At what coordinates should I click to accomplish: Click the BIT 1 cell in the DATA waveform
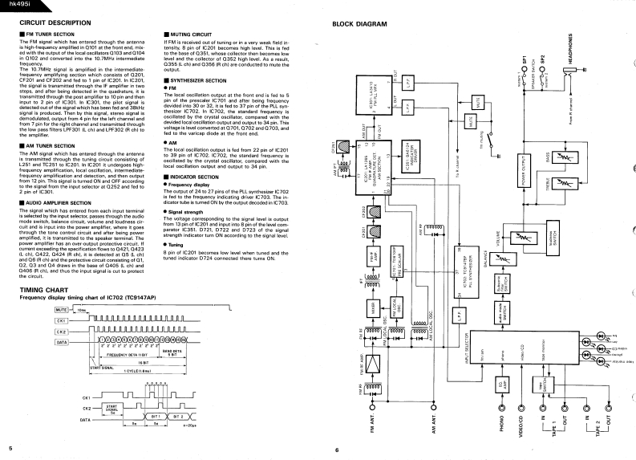(x=152, y=417)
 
